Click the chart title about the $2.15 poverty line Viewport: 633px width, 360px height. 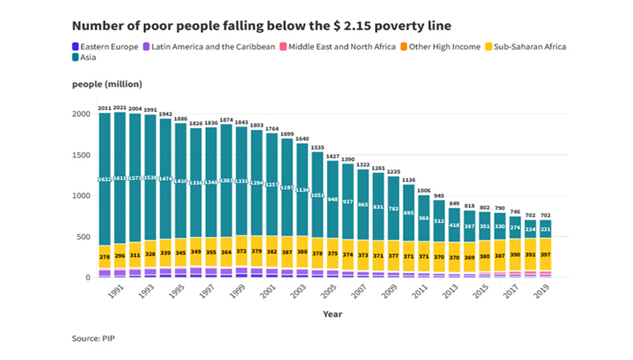(261, 26)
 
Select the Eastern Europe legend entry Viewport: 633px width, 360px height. (105, 46)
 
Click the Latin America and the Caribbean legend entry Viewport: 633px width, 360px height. (209, 46)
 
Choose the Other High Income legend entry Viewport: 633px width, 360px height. (440, 46)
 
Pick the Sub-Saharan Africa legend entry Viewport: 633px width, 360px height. (525, 46)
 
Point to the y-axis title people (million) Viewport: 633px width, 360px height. (107, 84)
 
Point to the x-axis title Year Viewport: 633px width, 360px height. (332, 314)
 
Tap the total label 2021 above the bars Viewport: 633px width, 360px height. (120, 108)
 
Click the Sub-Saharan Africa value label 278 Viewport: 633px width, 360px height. (105, 257)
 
